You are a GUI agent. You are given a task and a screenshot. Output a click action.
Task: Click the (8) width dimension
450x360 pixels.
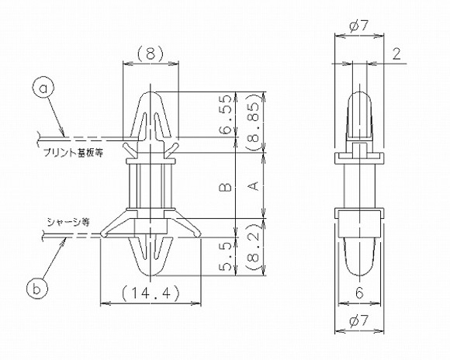[151, 55]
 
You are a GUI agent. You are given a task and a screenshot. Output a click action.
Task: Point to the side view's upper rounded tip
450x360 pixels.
[359, 95]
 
